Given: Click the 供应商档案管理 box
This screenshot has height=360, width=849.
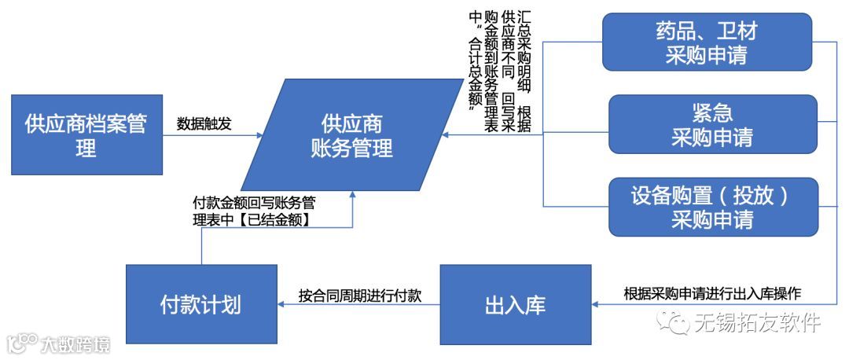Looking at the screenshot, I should pyautogui.click(x=86, y=134).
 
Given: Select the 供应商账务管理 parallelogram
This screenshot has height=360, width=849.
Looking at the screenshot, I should pyautogui.click(x=351, y=134).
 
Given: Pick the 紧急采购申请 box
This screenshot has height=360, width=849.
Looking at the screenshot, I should pyautogui.click(x=711, y=124).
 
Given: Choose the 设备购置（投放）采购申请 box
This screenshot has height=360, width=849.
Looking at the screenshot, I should pyautogui.click(x=711, y=207).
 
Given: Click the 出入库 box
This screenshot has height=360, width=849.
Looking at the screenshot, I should pyautogui.click(x=515, y=305).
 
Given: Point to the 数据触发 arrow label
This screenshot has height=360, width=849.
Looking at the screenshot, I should pyautogui.click(x=204, y=123).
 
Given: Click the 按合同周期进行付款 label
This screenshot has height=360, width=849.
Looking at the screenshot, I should pyautogui.click(x=359, y=296).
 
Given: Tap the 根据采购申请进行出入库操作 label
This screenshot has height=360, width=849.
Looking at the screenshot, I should pyautogui.click(x=712, y=294).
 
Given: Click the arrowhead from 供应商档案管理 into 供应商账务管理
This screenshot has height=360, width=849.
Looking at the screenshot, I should pyautogui.click(x=259, y=134).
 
